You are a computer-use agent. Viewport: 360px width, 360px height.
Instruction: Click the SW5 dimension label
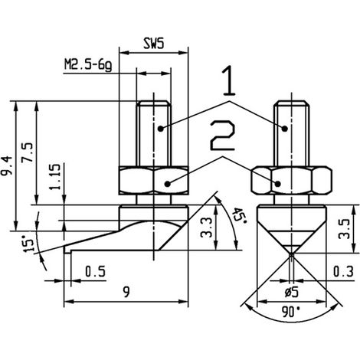pos(153,44)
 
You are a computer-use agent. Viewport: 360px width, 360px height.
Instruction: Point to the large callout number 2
pos(222,136)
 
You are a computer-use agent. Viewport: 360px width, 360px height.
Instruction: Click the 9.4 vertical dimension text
pos(7,165)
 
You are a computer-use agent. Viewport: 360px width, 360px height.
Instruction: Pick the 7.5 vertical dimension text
pos(27,152)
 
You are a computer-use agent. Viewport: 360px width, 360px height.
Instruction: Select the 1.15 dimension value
pos(55,176)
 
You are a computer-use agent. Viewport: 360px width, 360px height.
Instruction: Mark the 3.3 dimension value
pos(206,227)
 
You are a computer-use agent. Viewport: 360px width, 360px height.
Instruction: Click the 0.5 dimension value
pos(95,271)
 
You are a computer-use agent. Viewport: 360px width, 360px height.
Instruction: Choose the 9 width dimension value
pos(126,292)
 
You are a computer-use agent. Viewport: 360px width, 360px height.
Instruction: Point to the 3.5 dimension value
pos(344,228)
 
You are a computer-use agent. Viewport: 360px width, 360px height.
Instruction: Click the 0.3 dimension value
pos(343,271)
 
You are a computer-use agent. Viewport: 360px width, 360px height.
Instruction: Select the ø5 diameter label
pos(292,293)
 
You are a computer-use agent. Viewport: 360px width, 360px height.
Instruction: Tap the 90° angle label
pos(291,312)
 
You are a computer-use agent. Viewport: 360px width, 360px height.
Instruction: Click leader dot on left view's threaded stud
pos(160,129)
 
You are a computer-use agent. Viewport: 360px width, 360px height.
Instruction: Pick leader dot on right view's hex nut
pos(278,183)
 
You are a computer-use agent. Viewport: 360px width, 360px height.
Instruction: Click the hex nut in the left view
pos(154,181)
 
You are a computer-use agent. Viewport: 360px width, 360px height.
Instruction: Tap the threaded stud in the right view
pos(292,133)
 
